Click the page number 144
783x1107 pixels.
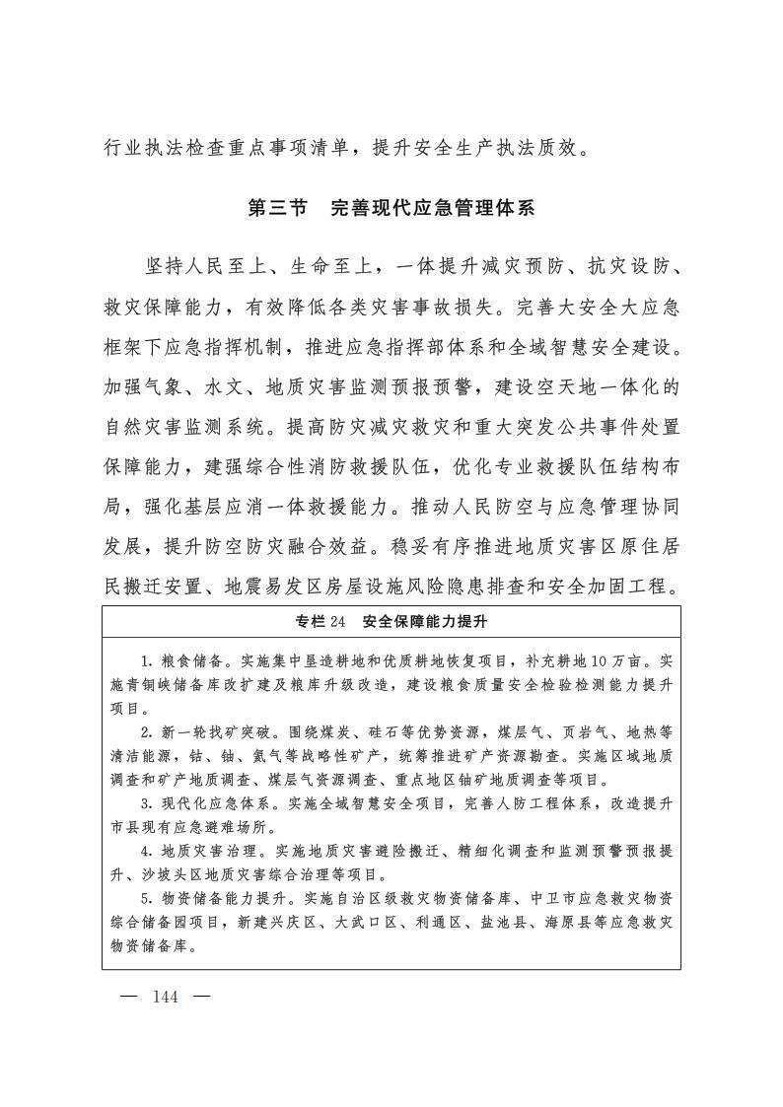click(x=165, y=997)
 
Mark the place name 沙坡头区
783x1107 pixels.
click(x=160, y=873)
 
